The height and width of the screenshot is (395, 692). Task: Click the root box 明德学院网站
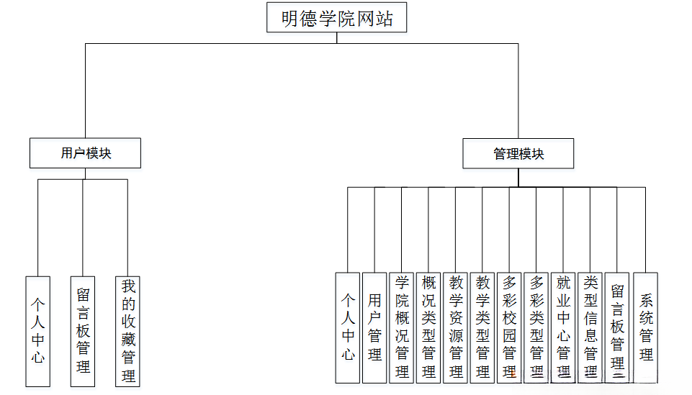[x=336, y=17]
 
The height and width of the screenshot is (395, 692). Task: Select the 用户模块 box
[x=86, y=153]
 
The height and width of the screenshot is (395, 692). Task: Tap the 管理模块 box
[x=518, y=153]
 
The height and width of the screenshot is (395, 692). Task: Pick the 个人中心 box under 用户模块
[x=38, y=330]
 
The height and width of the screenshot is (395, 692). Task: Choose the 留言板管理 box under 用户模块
[x=83, y=330]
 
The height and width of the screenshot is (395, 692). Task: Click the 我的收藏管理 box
[x=128, y=330]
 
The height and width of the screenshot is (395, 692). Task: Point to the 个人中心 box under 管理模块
[x=348, y=327]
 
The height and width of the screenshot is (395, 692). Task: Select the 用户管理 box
[x=374, y=327]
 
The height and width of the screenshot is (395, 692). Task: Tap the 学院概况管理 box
[x=402, y=327]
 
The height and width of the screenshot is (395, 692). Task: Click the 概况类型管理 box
[x=428, y=327]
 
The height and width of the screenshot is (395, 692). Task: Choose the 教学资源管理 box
[x=456, y=327]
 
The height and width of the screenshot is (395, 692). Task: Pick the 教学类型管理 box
[x=482, y=327]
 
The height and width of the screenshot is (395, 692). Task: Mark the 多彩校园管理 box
[x=510, y=327]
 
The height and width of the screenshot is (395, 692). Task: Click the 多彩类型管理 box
[x=536, y=327]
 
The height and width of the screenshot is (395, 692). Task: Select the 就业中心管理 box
[x=564, y=327]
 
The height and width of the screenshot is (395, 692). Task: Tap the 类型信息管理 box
[x=590, y=327]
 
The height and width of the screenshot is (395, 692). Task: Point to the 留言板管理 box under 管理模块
[x=618, y=327]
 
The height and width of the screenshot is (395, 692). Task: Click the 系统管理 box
[x=646, y=327]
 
